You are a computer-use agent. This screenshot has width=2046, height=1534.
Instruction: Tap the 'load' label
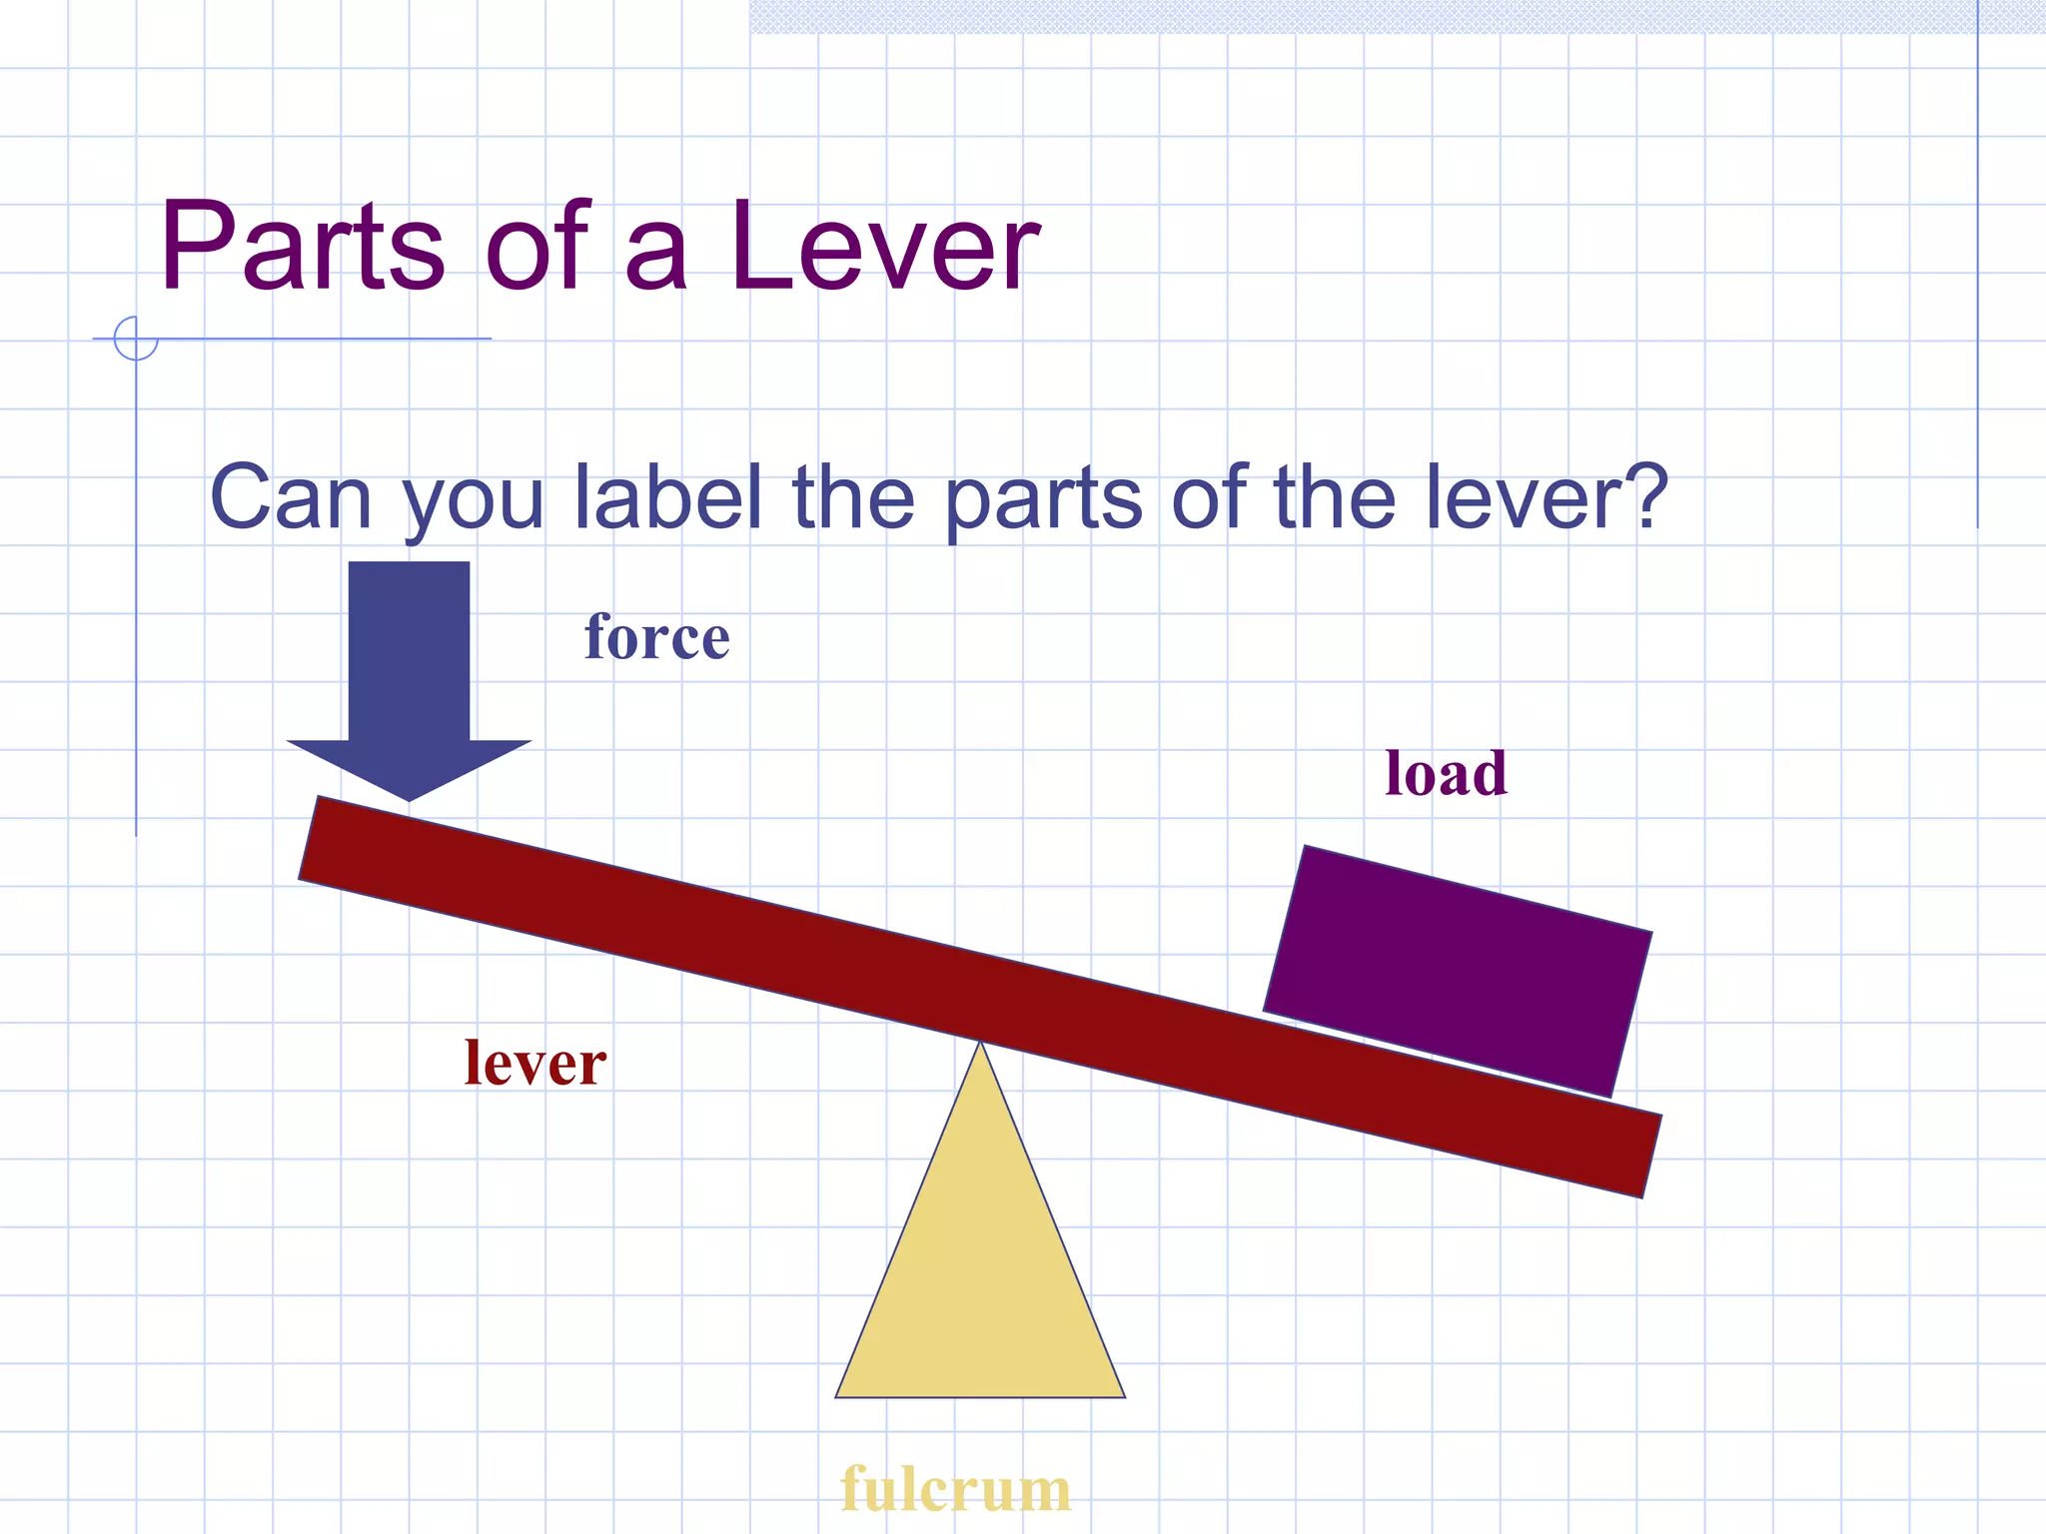tap(1446, 774)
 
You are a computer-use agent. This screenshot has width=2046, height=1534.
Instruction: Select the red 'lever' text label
tap(534, 1063)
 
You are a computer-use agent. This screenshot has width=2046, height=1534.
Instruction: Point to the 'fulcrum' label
tap(955, 1489)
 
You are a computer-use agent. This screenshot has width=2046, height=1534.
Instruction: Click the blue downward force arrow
tap(409, 669)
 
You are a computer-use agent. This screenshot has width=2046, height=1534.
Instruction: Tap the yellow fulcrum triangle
tap(980, 1278)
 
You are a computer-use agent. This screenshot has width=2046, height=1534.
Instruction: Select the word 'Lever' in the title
tap(884, 247)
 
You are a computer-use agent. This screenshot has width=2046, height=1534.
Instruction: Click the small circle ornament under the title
tap(136, 339)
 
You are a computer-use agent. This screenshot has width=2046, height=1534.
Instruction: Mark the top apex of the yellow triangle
tap(980, 1045)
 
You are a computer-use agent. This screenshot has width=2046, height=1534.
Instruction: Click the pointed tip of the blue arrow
tap(409, 799)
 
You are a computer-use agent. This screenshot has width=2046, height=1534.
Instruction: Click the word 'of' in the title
tap(537, 247)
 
